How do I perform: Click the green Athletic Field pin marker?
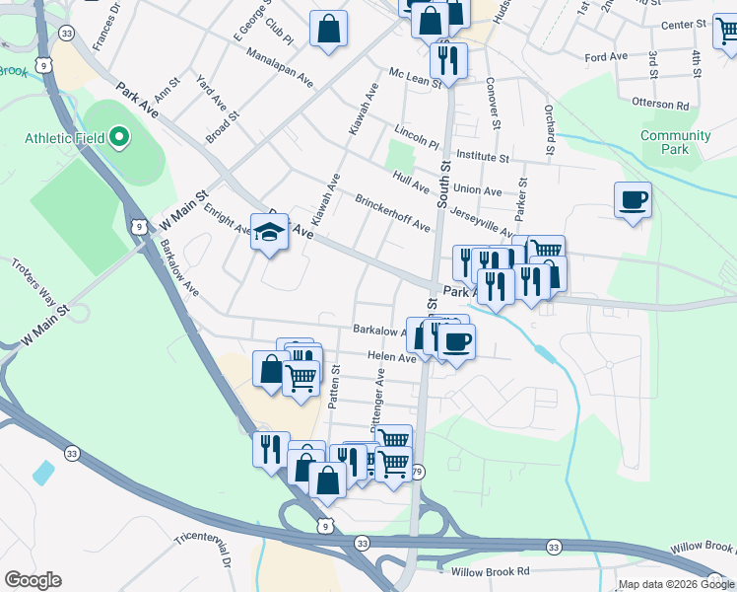pyautogui.click(x=120, y=137)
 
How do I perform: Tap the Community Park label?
pyautogui.click(x=676, y=142)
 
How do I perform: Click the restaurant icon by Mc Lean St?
pyautogui.click(x=448, y=61)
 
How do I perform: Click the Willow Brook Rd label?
pyautogui.click(x=490, y=571)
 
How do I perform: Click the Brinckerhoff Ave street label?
pyautogui.click(x=393, y=212)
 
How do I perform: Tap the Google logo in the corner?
pyautogui.click(x=33, y=580)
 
